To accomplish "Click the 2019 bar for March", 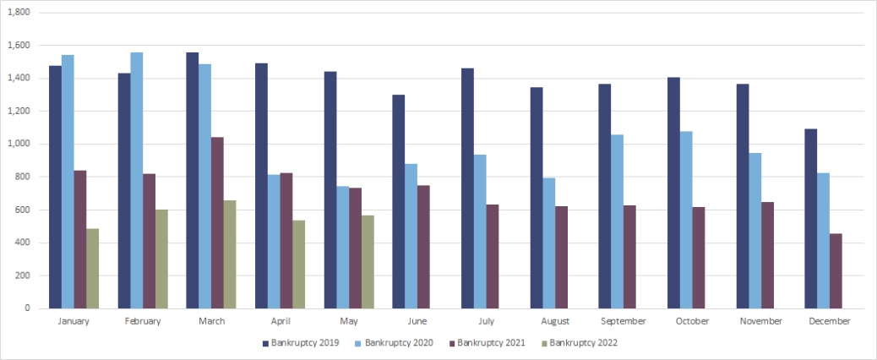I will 193,180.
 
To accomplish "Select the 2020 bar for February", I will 137,180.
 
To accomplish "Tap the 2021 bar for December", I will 836,270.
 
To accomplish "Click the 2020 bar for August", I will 549,243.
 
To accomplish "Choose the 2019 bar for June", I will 399,201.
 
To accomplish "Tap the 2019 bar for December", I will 810,218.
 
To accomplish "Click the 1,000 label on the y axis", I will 18,144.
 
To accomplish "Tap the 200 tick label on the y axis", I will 22,275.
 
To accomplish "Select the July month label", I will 487,321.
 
